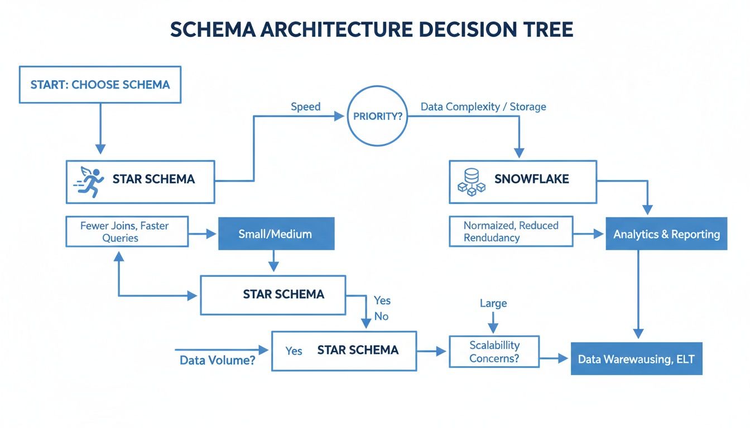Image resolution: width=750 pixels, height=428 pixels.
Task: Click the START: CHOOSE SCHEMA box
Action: click(100, 85)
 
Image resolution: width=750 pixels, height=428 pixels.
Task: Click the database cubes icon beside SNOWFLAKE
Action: click(471, 182)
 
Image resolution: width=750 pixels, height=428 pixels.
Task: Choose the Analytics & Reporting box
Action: click(666, 234)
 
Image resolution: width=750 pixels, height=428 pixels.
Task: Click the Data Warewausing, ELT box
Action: click(636, 359)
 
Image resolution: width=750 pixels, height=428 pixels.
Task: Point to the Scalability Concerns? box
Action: click(494, 352)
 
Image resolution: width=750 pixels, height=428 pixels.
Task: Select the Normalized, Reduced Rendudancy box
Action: click(511, 231)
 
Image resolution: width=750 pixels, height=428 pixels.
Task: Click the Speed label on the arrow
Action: click(305, 106)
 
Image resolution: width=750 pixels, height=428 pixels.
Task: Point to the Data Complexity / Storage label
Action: click(483, 106)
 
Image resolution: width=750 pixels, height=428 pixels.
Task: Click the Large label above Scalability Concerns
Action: click(493, 304)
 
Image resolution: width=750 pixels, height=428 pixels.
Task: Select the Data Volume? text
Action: click(218, 360)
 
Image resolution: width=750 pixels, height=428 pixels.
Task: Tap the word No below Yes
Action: click(382, 317)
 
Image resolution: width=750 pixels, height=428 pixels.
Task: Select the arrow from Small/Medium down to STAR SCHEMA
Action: click(273, 261)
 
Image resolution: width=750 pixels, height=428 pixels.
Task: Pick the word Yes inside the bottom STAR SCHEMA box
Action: click(294, 351)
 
